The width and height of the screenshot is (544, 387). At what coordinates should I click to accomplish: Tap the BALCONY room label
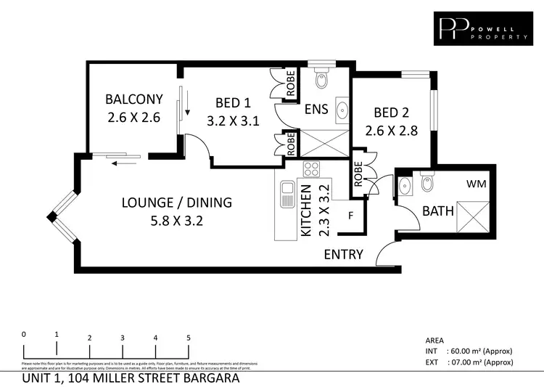133,99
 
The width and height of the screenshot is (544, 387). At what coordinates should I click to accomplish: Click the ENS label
316,110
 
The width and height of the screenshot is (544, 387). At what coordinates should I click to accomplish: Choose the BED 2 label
391,113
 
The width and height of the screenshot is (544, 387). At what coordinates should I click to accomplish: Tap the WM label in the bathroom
477,184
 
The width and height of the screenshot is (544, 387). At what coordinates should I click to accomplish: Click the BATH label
438,212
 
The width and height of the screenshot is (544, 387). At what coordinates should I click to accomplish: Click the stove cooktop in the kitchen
312,169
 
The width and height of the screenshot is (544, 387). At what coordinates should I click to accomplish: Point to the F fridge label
351,216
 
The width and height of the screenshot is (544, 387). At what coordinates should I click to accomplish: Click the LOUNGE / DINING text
177,203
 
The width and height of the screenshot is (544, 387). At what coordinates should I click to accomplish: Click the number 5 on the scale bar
189,338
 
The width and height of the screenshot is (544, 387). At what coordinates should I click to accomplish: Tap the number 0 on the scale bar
24,334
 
